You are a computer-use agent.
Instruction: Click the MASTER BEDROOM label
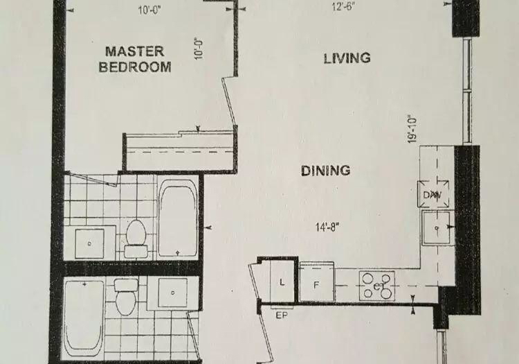click(x=135, y=60)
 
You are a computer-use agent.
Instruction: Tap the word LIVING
click(x=347, y=58)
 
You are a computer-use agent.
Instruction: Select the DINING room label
click(x=326, y=171)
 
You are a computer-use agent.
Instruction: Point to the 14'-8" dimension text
click(x=327, y=227)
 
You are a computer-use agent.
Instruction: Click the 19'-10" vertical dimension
click(x=412, y=129)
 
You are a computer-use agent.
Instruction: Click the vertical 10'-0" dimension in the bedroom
click(x=198, y=49)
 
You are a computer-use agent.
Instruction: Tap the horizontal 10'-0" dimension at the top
click(x=149, y=10)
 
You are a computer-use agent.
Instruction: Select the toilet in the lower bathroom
click(x=126, y=296)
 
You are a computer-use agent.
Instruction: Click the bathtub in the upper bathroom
click(x=178, y=218)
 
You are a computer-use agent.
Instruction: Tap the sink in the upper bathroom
click(x=89, y=243)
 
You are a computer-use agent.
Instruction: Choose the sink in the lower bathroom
click(x=172, y=293)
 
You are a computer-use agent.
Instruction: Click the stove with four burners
click(x=377, y=286)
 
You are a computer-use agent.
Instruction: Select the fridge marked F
click(x=317, y=281)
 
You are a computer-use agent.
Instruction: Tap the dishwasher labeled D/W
click(x=433, y=194)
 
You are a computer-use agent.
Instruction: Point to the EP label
click(x=282, y=315)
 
